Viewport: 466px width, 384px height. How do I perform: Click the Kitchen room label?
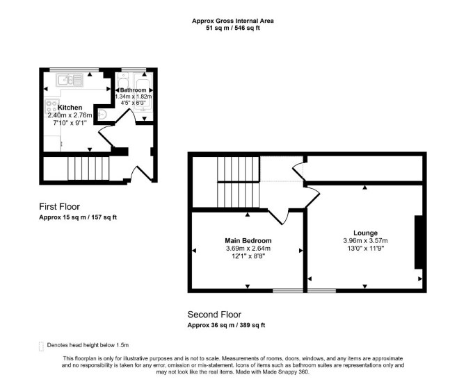[x=70, y=108]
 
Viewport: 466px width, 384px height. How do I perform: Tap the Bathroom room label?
[x=133, y=90]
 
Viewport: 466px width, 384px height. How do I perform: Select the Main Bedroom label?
[x=248, y=240]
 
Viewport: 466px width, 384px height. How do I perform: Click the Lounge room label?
[x=366, y=233]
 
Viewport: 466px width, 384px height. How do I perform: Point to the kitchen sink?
[x=70, y=80]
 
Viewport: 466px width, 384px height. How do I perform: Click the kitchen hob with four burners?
[x=51, y=107]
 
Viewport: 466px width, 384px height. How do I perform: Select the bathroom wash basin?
[x=102, y=115]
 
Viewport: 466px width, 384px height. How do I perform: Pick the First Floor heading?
[x=59, y=206]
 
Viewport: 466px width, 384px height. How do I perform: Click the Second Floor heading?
[x=214, y=315]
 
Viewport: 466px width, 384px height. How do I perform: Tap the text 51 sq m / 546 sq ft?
[x=233, y=28]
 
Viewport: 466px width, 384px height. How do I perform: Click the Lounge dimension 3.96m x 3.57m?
[x=366, y=241]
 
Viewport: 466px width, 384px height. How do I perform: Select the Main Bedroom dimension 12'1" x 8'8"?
[x=248, y=256]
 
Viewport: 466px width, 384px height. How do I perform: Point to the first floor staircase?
[x=88, y=168]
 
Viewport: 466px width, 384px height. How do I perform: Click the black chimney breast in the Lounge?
[x=419, y=242]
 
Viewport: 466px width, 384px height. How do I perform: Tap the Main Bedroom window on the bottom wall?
[x=288, y=290]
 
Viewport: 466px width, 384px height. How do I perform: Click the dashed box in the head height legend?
[x=41, y=347]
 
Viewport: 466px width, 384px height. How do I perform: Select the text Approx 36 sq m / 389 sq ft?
[x=226, y=325]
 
